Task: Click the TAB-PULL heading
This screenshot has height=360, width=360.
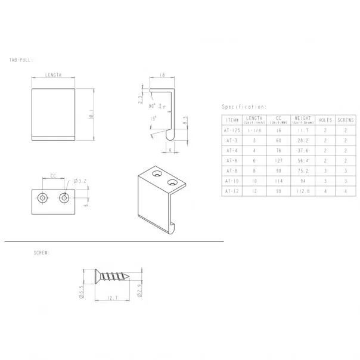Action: point(22,60)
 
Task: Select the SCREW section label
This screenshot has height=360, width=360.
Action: point(41,253)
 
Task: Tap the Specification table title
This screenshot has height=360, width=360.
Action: point(244,107)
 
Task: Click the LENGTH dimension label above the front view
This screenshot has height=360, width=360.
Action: point(54,76)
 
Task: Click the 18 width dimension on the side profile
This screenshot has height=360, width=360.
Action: point(162,76)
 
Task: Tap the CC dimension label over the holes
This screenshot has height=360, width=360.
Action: point(53,176)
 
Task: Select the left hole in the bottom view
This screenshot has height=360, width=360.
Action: point(43,197)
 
